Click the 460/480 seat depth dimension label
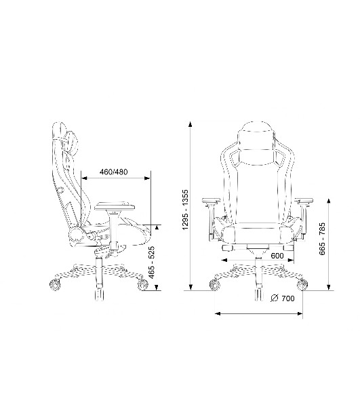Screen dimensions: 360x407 114,172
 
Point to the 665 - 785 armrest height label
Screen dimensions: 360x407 322,239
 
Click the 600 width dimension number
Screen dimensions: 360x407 277,256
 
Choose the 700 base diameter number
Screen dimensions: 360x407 288,298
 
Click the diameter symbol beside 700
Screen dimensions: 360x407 274,298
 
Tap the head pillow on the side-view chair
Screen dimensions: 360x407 72,142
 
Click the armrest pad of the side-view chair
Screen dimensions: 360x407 115,206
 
